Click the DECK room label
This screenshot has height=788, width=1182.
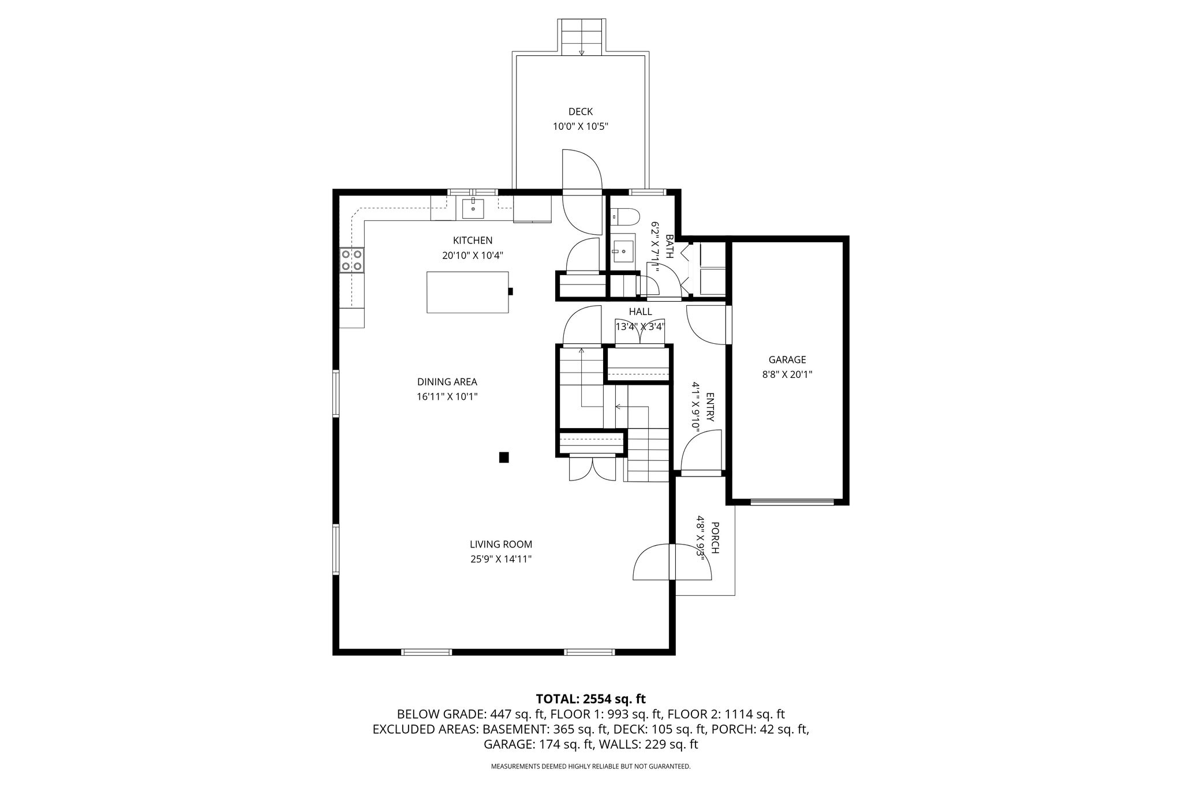(x=581, y=112)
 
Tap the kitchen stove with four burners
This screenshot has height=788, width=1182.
(x=351, y=260)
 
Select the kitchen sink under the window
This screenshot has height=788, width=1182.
(x=473, y=208)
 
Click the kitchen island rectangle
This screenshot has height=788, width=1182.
(x=467, y=292)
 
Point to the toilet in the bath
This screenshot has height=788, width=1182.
(x=625, y=217)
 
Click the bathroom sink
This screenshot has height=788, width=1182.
(x=623, y=252)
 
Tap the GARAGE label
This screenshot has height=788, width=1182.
(x=787, y=360)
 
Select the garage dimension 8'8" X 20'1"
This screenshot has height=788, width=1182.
(x=787, y=374)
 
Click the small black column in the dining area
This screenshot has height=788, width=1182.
(x=504, y=457)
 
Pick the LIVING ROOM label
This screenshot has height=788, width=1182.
(x=501, y=544)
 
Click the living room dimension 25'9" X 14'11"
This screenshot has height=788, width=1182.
(x=501, y=559)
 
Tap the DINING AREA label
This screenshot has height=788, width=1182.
(x=447, y=382)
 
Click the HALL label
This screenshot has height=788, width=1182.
(x=641, y=312)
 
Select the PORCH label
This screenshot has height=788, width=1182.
(x=715, y=538)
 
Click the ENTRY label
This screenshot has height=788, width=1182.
(x=710, y=407)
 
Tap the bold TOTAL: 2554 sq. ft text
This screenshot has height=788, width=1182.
(x=591, y=699)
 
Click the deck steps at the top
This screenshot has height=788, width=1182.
(x=582, y=37)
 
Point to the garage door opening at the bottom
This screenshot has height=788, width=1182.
(x=792, y=502)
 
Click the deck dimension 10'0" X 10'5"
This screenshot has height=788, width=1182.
(x=581, y=127)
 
